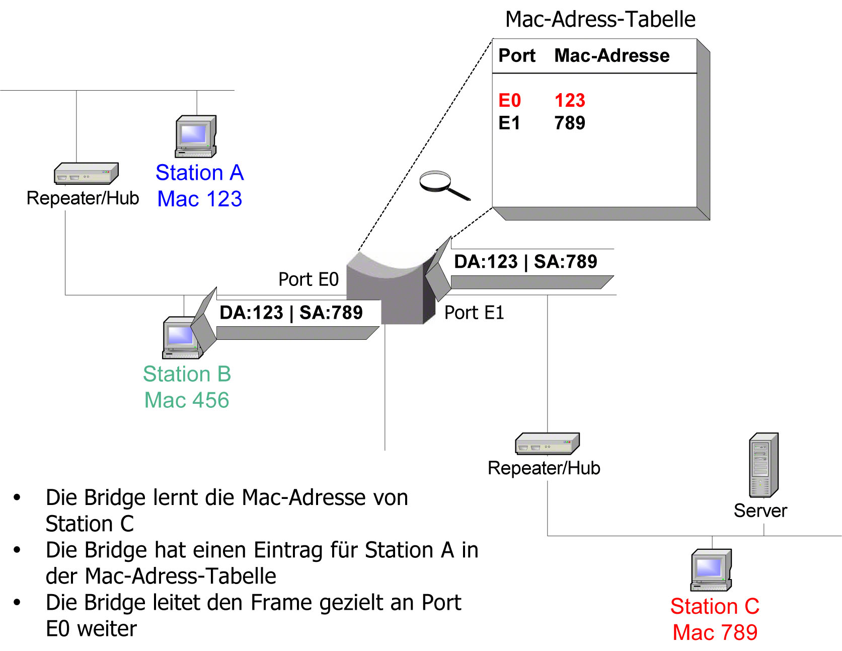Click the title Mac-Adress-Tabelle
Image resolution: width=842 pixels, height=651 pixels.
point(600,20)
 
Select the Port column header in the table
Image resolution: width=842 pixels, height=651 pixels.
point(517,55)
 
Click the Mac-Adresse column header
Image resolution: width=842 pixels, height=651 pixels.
point(611,55)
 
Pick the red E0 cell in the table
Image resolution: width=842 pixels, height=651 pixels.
point(509,100)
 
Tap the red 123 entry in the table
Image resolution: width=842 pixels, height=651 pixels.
point(570,100)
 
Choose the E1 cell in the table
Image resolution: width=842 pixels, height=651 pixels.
point(509,123)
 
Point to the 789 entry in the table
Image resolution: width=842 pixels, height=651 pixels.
point(570,123)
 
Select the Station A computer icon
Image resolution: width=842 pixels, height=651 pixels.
point(196,136)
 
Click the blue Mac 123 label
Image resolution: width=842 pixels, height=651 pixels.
point(200,199)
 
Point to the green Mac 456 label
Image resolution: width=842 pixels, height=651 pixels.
point(187,400)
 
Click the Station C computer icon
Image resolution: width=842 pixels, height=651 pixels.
point(711,570)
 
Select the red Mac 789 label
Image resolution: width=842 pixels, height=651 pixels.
point(715,632)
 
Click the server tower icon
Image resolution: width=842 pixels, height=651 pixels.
point(764,465)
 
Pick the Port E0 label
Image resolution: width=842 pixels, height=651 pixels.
point(309,279)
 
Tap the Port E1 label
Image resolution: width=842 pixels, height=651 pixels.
point(474,313)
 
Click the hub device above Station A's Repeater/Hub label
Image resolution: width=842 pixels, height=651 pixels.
point(86,174)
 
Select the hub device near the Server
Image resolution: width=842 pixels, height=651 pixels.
point(548,444)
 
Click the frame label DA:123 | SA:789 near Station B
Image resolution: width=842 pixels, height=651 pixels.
point(291,313)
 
